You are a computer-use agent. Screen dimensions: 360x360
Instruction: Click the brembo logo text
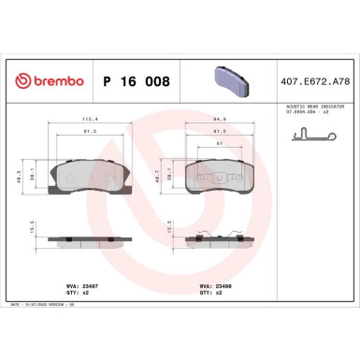point(49,82)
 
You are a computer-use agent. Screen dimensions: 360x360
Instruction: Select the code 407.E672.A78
point(315,82)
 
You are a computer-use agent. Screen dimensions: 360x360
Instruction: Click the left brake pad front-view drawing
point(90,175)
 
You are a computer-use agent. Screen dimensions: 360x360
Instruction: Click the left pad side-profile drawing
point(90,240)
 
